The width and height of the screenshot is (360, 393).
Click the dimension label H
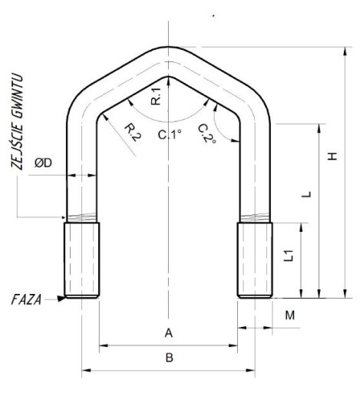pos(332,156)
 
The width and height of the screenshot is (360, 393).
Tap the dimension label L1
pos(289,256)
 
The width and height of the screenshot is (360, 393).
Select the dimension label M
pos(290,315)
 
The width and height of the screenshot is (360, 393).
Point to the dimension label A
pos(169,333)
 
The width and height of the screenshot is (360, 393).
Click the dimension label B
pos(169,358)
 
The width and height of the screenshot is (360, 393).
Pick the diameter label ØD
pos(43,163)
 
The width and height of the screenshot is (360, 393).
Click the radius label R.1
pos(156,96)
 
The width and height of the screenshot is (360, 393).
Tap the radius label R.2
pos(133,133)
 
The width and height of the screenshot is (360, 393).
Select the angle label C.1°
pos(170,134)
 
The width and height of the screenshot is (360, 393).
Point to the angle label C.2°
pos(207,134)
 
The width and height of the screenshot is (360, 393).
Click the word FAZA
pos(26,300)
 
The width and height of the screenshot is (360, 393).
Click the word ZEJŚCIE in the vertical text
pos(18,147)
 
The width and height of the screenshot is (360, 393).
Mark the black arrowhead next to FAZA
pos(61,299)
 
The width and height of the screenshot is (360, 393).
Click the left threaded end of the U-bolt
pos(81,260)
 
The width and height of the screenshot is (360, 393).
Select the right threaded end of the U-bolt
pos(255,260)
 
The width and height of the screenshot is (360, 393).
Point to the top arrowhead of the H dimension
pos(345,51)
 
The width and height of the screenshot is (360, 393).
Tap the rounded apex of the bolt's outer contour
pos(168,47)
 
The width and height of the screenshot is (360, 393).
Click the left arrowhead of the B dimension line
pos(86,370)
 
